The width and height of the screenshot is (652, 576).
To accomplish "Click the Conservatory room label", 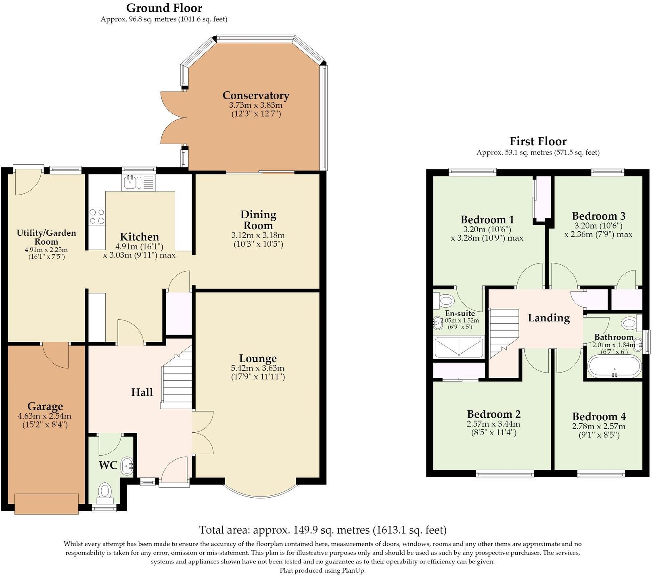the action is tap(256, 96).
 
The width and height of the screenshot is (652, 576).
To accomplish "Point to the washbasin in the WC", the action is tap(127, 466).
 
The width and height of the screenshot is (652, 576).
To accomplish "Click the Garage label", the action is tap(45, 406).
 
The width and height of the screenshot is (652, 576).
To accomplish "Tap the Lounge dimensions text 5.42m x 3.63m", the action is tap(257, 368).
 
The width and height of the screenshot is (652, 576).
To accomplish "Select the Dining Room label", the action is tap(258, 220).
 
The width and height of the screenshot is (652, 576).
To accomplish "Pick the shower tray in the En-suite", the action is tap(459, 347).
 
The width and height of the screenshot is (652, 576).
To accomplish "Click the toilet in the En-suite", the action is tap(443, 300).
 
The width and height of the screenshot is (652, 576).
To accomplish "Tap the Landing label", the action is tap(549, 318).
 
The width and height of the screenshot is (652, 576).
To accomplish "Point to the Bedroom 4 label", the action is tap(598, 417).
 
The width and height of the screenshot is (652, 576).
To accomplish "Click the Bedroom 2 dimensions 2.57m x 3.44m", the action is tap(493, 424).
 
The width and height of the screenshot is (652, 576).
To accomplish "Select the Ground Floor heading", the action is tap(164, 8).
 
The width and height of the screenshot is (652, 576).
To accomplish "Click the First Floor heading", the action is tap(538, 141).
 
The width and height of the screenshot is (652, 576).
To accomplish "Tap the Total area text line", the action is tap(323, 530).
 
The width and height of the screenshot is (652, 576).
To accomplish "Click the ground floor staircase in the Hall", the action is tap(177, 379).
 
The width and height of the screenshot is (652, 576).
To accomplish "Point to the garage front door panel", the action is tap(46, 503).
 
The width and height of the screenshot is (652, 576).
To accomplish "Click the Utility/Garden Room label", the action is tap(46, 237).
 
